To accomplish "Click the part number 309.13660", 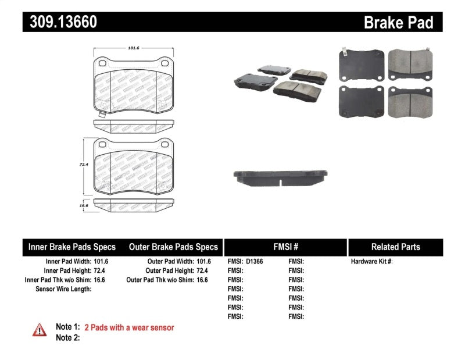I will (60, 22).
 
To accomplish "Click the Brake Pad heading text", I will (399, 22).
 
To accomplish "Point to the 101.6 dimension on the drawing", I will (134, 49).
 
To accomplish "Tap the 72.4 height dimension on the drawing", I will (84, 165).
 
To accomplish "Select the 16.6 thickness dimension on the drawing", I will (84, 205).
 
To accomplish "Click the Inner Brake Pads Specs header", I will (72, 247).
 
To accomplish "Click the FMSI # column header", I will (285, 247).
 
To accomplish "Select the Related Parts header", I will (395, 247).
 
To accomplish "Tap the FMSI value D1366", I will (255, 262).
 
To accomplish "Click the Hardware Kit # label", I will (371, 262).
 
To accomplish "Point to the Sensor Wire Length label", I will (63, 289).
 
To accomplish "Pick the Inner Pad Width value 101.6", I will (101, 262).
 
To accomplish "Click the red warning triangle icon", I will (40, 329).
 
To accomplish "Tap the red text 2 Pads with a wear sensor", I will (129, 327).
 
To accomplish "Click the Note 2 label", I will (67, 337).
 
